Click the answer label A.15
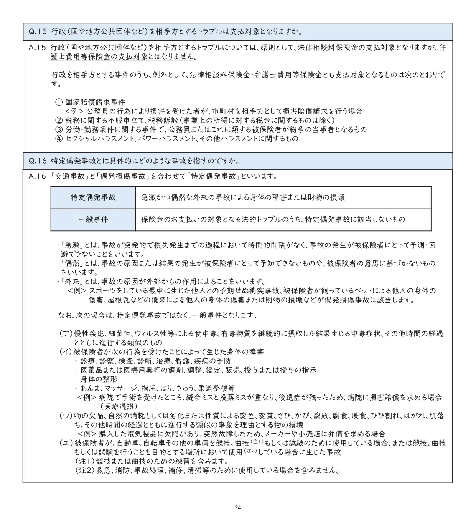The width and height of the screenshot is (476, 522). coord(37,48)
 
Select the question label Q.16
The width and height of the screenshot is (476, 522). coord(37,161)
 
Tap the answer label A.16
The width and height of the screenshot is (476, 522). coord(37,176)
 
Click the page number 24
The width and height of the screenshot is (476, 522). coord(238,507)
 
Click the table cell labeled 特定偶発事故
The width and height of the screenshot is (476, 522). coord(93,197)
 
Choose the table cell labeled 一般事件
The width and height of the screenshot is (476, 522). coord(93,220)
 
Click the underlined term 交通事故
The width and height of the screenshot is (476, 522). coord(69,176)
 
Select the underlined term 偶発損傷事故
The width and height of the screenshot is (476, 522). coord(123,176)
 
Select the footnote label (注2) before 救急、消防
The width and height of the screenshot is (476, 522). coord(84,470)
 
